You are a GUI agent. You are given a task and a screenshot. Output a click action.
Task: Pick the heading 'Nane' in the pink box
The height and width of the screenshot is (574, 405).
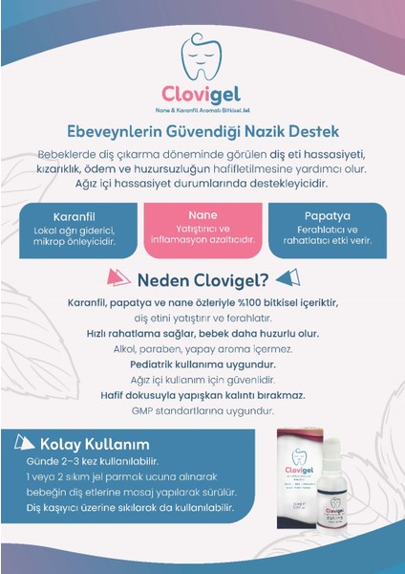point(203,215)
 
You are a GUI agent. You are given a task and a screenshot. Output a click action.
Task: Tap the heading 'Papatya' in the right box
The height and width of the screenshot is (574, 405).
point(326,216)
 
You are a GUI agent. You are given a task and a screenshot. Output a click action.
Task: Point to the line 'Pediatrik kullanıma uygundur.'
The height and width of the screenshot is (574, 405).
point(202,364)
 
